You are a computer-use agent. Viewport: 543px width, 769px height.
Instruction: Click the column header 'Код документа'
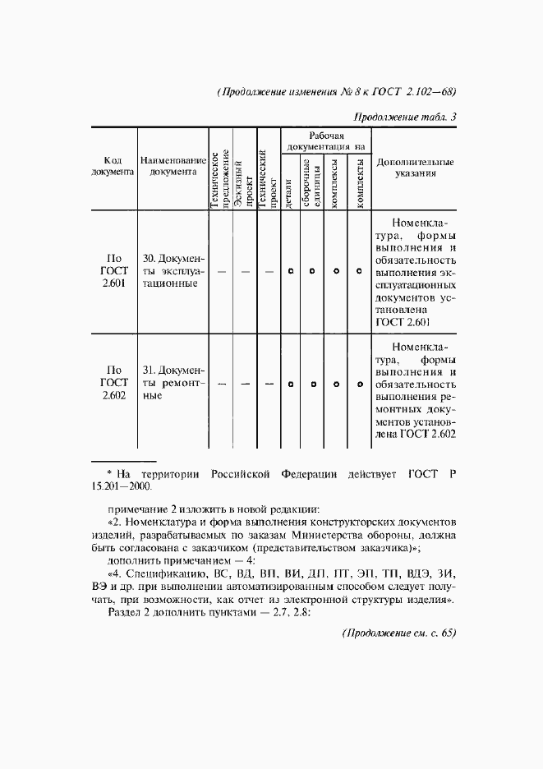coord(113,167)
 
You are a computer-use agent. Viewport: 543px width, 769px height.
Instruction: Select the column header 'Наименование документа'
coord(173,167)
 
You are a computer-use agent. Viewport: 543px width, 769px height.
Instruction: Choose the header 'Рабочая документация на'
coord(325,140)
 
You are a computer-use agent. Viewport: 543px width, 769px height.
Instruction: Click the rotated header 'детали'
coord(291,192)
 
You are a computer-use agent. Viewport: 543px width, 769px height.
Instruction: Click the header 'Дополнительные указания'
coord(414,168)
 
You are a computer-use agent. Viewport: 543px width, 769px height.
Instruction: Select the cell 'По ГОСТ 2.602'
coord(113,383)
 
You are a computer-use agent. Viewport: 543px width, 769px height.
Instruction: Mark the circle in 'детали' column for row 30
coord(292,271)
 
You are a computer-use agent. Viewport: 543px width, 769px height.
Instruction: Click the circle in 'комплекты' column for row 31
coord(360,384)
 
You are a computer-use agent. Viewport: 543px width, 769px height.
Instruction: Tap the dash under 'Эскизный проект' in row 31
coord(244,384)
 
